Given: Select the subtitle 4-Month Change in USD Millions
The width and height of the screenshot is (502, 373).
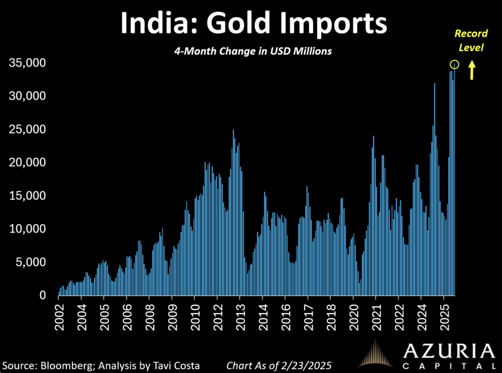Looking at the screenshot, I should [253, 51].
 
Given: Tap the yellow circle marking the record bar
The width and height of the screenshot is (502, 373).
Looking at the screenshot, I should [454, 64].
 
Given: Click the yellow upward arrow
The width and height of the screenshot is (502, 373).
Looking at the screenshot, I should [472, 70].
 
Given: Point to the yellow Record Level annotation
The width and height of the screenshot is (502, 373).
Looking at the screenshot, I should [471, 40].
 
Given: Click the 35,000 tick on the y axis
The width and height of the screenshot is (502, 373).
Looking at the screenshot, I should [27, 63].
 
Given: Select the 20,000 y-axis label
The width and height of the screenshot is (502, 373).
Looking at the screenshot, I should [27, 162].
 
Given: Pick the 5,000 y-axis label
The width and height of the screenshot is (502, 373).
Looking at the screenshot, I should [31, 262].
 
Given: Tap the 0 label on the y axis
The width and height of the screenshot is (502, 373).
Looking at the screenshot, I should [43, 295].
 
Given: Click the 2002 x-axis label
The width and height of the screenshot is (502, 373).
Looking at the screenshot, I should [60, 317].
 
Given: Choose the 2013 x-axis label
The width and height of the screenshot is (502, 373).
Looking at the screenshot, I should [240, 317].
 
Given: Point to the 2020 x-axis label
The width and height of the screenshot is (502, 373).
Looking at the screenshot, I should [354, 317].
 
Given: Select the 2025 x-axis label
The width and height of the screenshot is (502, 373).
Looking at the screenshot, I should [444, 317].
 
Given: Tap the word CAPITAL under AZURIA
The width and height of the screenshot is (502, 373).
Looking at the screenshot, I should [449, 366].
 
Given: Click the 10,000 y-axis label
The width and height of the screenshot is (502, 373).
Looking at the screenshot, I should [27, 229].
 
